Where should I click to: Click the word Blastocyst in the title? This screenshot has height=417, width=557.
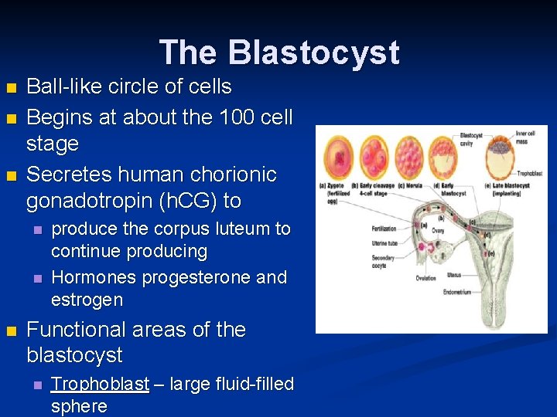tap(313, 53)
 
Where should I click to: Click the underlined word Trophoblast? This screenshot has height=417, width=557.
tap(100, 384)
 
